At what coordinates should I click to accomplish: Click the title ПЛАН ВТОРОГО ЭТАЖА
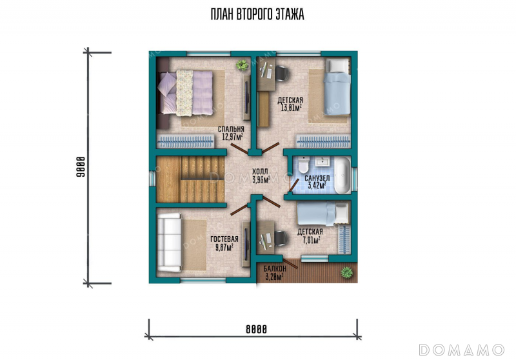257,14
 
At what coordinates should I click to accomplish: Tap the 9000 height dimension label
81,167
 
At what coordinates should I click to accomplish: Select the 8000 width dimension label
256,329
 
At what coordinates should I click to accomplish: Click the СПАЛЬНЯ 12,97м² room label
232,133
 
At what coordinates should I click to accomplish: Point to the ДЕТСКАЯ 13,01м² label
291,104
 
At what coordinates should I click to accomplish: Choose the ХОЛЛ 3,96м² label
261,175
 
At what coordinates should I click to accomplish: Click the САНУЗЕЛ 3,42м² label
317,182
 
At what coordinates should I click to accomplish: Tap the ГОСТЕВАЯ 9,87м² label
224,243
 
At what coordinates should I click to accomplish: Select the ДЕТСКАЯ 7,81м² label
310,236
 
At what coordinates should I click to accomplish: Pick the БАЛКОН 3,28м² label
275,273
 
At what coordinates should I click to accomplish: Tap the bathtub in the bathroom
342,175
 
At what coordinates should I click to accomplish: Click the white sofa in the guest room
170,243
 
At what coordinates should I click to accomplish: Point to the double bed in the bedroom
186,93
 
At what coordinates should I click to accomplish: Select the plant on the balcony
346,272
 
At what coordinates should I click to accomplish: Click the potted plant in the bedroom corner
242,65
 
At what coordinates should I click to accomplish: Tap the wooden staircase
190,179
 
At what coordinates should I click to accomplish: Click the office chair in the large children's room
282,73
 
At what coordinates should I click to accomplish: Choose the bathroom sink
321,161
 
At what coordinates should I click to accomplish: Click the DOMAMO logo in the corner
461,350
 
